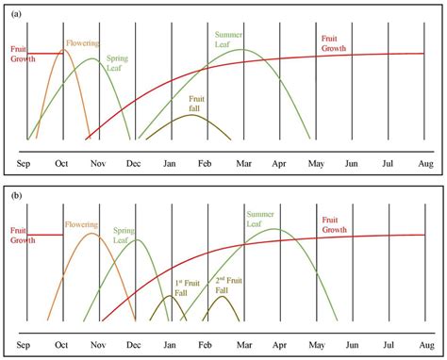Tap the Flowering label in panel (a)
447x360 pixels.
point(81,43)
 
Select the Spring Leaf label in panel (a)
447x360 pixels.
point(119,63)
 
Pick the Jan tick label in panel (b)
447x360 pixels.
point(171,346)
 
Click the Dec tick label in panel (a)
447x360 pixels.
point(135,163)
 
